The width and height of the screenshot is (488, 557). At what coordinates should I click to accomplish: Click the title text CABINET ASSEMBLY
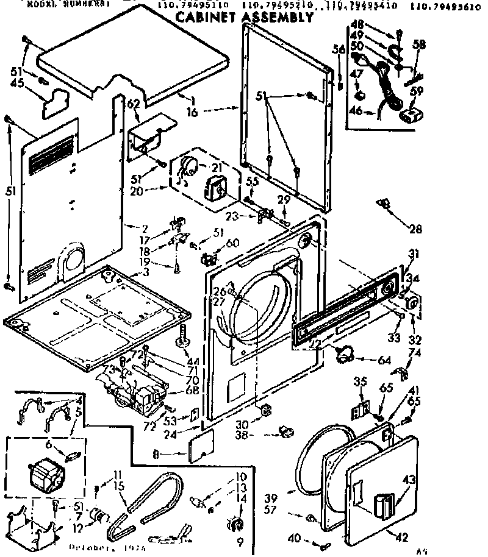point(244,17)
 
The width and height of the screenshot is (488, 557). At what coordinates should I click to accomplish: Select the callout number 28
point(415,229)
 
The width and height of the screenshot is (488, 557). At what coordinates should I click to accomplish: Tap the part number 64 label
point(384,360)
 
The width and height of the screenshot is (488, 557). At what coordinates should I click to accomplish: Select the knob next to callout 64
point(346,353)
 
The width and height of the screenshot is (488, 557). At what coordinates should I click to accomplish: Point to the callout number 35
point(361,382)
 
